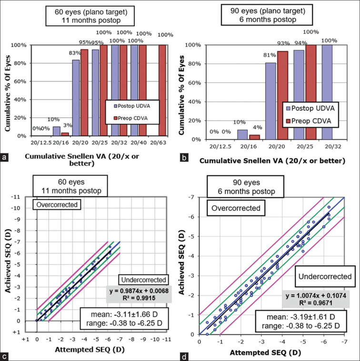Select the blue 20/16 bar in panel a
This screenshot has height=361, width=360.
[57, 131]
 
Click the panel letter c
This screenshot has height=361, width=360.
[4, 355]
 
